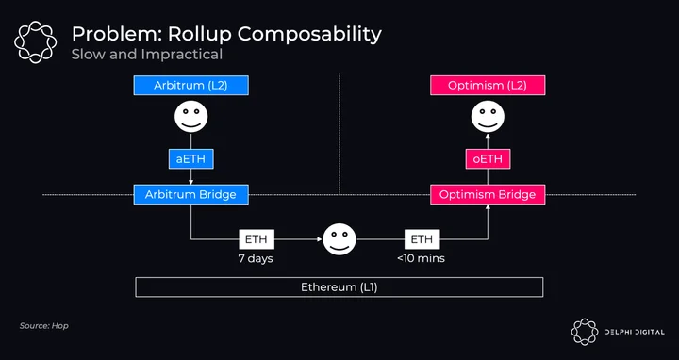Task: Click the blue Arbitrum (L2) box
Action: pos(190,85)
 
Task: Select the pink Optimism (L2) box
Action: pos(488,85)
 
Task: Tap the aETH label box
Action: pos(190,159)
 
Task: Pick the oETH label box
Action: pos(488,159)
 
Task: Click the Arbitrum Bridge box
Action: pos(190,195)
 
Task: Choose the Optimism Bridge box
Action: pos(488,195)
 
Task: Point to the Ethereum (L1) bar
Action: pos(339,287)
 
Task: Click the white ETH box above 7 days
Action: pos(257,239)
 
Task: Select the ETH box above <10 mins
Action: pos(422,239)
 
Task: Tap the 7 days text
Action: pos(256,259)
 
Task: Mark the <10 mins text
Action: pos(421,259)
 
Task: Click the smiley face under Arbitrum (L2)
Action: pos(190,117)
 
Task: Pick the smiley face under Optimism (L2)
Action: pos(488,117)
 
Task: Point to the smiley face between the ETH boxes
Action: pos(339,239)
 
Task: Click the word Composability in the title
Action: pos(307,35)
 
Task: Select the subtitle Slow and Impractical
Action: pos(147,55)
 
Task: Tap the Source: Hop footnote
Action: pos(43,326)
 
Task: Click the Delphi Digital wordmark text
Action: pos(635,333)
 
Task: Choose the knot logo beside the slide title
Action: pos(35,42)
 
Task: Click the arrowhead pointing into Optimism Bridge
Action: pos(488,207)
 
